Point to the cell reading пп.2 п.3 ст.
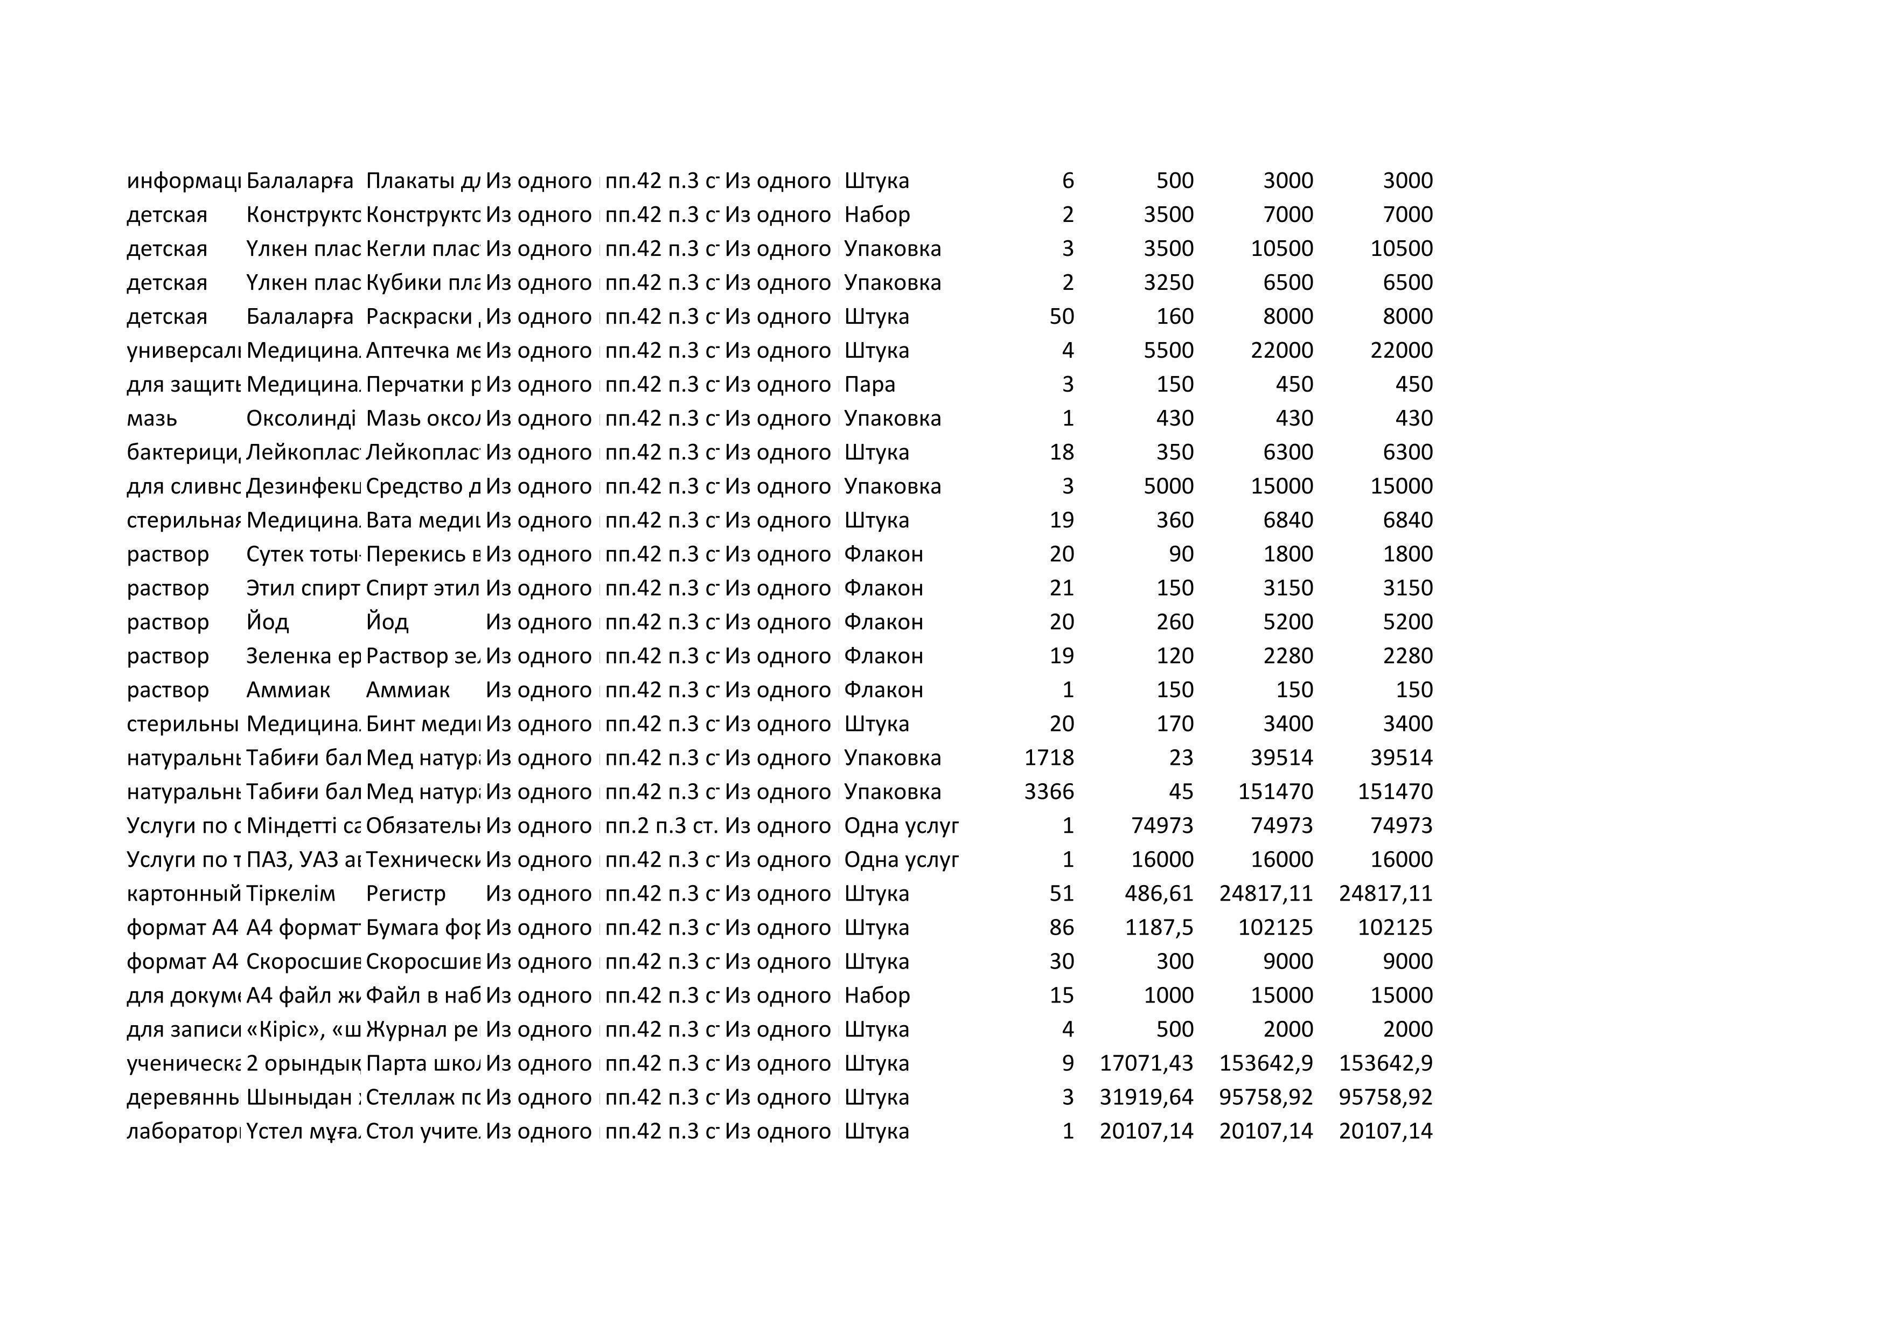pyautogui.click(x=661, y=825)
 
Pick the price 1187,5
pyautogui.click(x=1159, y=927)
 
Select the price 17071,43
pyautogui.click(x=1146, y=1063)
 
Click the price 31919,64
pyautogui.click(x=1146, y=1097)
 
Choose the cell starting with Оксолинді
pyautogui.click(x=301, y=419)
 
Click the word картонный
pyautogui.click(x=184, y=893)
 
